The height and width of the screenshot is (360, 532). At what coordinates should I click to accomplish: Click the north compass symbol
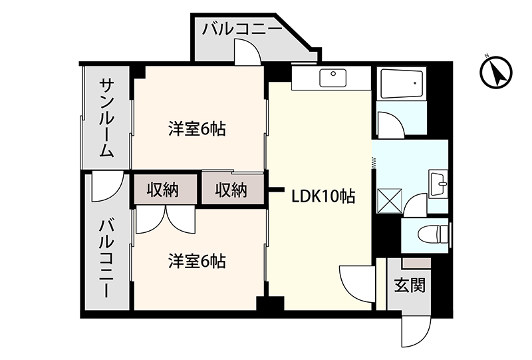[495, 72]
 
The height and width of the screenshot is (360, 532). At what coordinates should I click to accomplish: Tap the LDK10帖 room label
[323, 196]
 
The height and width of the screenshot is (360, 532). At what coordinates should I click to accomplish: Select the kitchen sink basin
[333, 78]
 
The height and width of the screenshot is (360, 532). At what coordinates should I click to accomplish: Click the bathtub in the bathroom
[401, 84]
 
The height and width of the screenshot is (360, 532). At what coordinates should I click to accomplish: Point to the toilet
[434, 234]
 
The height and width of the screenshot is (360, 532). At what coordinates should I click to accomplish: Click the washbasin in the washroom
[438, 184]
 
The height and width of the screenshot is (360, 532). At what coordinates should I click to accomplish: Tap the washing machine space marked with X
[390, 201]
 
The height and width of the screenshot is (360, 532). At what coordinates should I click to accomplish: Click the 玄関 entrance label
[410, 285]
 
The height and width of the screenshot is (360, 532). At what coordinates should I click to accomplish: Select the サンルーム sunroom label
[106, 118]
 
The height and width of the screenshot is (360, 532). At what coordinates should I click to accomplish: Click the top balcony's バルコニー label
[242, 29]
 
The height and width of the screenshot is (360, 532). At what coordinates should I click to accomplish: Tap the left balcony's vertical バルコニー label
[106, 259]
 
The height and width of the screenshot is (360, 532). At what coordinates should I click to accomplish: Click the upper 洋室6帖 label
[197, 128]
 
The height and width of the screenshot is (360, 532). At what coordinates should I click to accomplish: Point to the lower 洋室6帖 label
[197, 261]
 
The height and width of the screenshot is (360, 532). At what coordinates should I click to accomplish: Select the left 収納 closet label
[162, 190]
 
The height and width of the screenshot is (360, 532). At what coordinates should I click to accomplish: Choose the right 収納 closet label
[231, 190]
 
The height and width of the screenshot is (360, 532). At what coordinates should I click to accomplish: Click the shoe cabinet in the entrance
[416, 263]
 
